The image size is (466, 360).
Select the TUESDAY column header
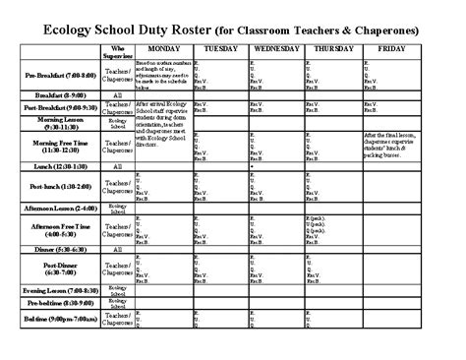coord(221,48)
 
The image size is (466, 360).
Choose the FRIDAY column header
coord(391,48)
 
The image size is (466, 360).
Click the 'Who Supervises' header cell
coord(119,50)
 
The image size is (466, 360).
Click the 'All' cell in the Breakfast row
coord(119,95)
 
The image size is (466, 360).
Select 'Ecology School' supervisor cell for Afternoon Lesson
coord(119,210)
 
